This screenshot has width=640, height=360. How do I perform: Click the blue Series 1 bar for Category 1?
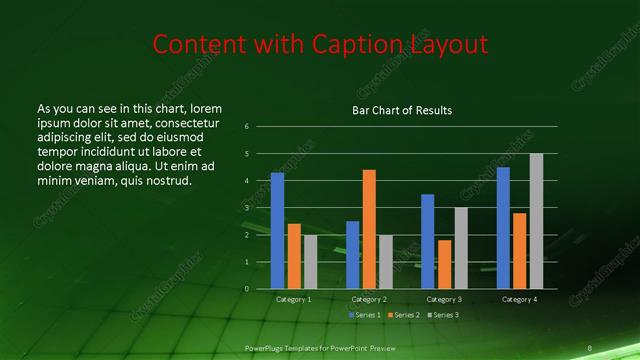click(x=277, y=231)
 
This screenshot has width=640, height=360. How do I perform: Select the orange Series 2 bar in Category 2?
click(x=369, y=229)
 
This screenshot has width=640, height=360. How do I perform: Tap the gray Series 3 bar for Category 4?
click(x=536, y=221)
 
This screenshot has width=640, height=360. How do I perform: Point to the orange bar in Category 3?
click(x=444, y=264)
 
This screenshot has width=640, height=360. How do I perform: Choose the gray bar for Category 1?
click(x=310, y=262)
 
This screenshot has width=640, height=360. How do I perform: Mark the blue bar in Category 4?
click(x=503, y=228)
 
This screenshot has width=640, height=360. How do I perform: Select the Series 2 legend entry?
click(x=403, y=315)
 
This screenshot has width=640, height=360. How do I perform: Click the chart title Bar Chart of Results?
click(x=402, y=110)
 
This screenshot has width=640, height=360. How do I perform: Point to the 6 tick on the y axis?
click(x=247, y=127)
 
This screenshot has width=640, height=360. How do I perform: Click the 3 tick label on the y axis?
click(x=247, y=208)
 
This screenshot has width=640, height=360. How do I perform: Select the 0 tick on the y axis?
click(x=247, y=289)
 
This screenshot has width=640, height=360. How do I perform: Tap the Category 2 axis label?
click(x=369, y=299)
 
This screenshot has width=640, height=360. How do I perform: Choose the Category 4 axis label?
click(x=519, y=299)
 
